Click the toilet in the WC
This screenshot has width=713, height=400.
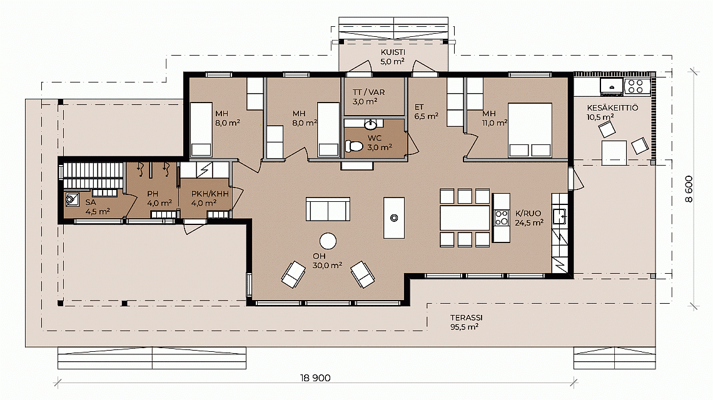point(354,146)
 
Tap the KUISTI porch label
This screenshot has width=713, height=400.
point(393,52)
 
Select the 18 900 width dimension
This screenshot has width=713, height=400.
point(315,377)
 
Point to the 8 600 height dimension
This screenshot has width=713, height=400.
point(689,189)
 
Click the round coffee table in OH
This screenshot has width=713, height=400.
point(328,241)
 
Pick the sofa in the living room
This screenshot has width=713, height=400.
point(328,209)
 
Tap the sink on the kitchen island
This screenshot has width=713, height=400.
point(394,218)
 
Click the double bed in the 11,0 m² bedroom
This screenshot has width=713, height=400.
point(530,131)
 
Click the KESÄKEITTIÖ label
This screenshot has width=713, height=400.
point(612,108)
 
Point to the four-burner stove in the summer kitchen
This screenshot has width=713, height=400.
point(635,86)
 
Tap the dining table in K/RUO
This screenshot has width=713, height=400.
point(465,217)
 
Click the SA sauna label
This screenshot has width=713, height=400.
point(91,202)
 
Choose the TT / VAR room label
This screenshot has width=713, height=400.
point(369,92)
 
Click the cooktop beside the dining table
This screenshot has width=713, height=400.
point(501,217)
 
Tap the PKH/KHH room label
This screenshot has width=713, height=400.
point(210,194)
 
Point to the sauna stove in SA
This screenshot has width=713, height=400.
point(72,199)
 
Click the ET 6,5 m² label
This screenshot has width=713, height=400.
point(426,112)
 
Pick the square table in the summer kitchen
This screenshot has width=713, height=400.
point(614,152)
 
